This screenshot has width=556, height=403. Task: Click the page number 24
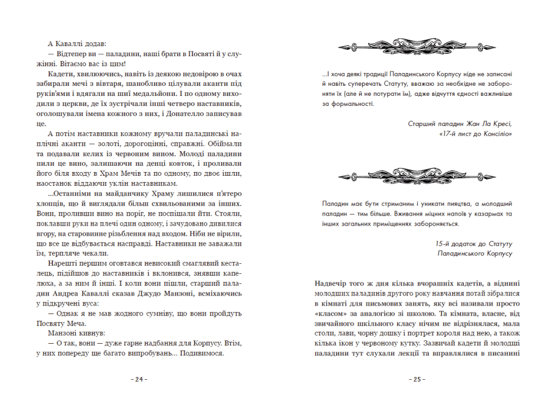pyautogui.click(x=140, y=379)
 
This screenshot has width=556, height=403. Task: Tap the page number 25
pyautogui.click(x=416, y=379)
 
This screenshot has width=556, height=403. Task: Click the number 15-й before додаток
pyautogui.click(x=443, y=244)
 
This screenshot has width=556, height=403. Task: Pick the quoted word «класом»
pyautogui.click(x=327, y=314)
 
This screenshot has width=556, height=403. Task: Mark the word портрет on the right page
pyautogui.click(x=419, y=334)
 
